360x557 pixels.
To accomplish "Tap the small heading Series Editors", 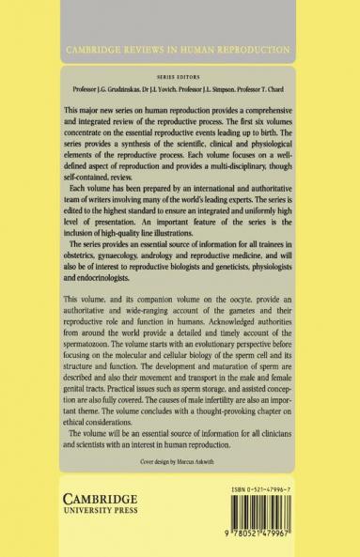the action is click(x=180, y=78).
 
